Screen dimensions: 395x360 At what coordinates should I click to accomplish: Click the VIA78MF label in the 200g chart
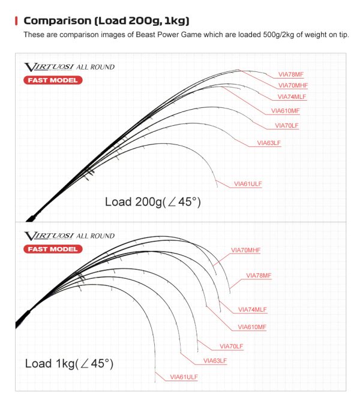click(x=291, y=75)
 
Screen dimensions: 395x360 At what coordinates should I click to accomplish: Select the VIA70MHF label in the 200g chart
click(x=293, y=86)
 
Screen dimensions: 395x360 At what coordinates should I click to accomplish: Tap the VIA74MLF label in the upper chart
click(x=292, y=97)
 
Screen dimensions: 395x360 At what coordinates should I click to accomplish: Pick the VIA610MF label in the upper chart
click(x=285, y=111)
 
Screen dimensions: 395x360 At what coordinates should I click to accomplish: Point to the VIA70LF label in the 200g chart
click(x=286, y=126)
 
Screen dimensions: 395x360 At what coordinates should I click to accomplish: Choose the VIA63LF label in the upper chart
click(x=269, y=143)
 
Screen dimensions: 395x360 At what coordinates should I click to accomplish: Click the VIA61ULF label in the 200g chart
click(x=248, y=183)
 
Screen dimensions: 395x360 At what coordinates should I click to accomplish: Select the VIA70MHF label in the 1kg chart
click(x=246, y=250)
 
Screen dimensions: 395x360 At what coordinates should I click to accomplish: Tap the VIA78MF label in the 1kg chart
click(x=259, y=276)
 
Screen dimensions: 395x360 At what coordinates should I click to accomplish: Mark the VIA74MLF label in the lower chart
click(x=253, y=310)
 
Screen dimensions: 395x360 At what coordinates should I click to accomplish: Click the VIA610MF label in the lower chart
click(x=252, y=327)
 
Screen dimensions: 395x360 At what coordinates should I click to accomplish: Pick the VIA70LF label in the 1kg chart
click(x=232, y=346)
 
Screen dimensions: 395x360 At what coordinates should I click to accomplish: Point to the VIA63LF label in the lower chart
click(x=215, y=361)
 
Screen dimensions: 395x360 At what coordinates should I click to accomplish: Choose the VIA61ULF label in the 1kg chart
click(x=184, y=377)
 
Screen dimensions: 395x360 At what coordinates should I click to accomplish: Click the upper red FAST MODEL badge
click(x=53, y=80)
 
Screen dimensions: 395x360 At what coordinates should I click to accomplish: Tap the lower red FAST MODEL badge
click(x=53, y=249)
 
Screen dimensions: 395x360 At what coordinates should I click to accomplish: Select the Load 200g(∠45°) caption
click(x=152, y=202)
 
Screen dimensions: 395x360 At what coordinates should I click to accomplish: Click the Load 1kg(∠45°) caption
click(x=69, y=364)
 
